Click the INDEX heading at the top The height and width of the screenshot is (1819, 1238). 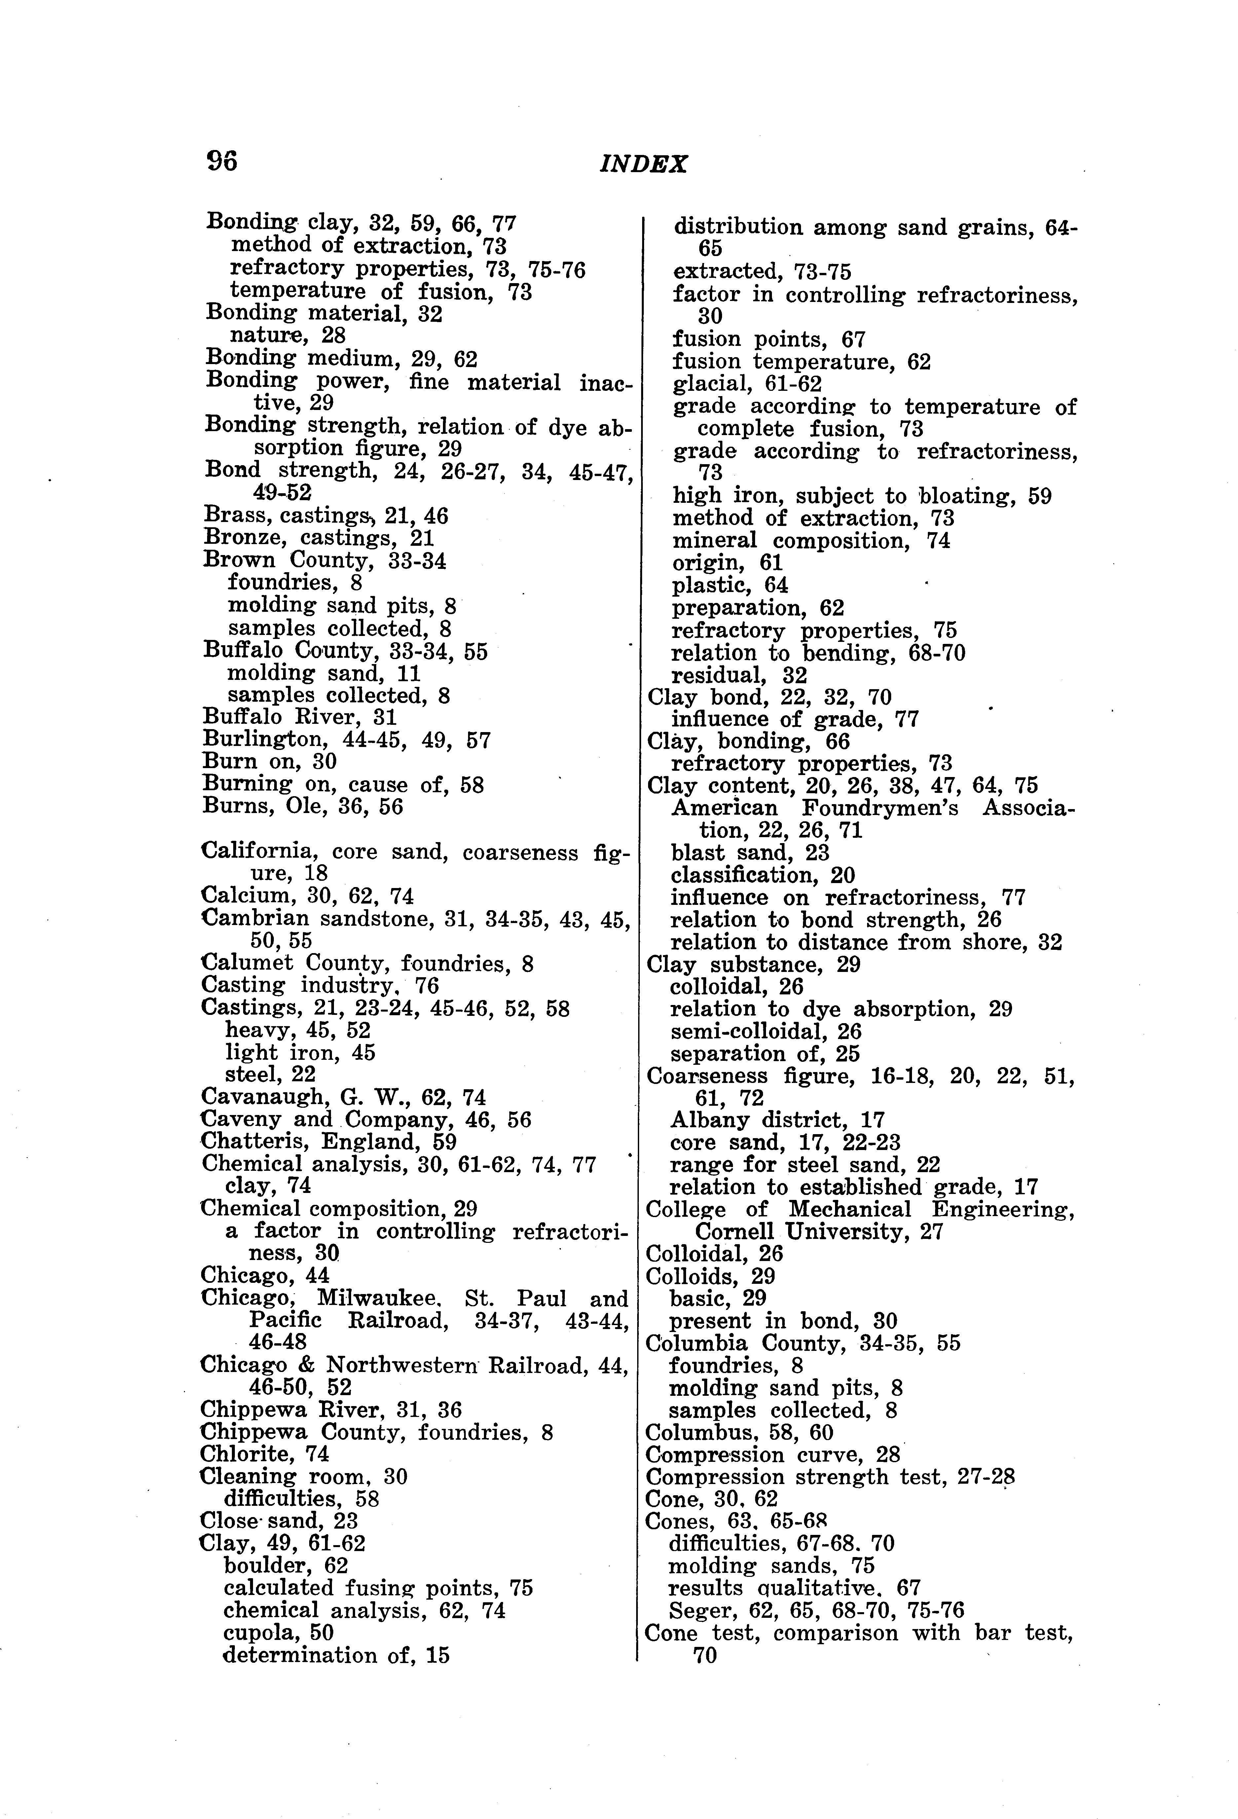643,165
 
